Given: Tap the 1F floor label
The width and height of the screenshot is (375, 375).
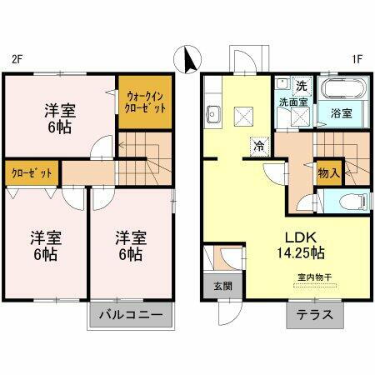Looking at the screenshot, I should pyautogui.click(x=357, y=59).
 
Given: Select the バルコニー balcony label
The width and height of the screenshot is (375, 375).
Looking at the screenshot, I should pyautogui.click(x=132, y=316).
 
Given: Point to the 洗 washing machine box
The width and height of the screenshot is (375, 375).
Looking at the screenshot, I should pyautogui.click(x=301, y=85).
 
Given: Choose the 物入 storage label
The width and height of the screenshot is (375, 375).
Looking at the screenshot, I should pyautogui.click(x=328, y=173).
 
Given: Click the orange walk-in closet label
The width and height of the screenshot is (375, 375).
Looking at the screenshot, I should pyautogui.click(x=142, y=102).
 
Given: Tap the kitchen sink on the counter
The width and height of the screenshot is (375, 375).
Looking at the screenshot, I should pyautogui.click(x=212, y=116).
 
